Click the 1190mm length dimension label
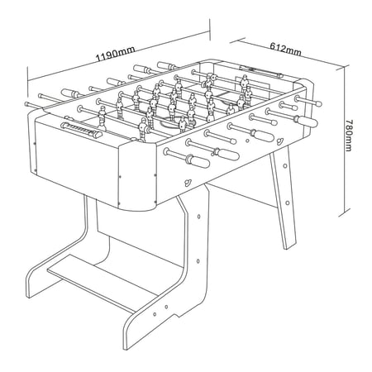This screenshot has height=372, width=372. point(116,54)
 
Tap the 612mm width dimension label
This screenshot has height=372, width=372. point(285,48)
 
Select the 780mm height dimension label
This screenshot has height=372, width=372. point(349,136)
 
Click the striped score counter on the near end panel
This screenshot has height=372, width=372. point(82,131)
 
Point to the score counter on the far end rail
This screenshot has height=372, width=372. point(261,70)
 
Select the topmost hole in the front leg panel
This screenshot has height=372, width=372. point(199,217)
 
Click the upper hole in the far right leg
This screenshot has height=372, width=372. point(285,166)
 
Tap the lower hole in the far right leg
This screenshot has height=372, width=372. point(288,203)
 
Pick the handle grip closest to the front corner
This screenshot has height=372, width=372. point(198,161)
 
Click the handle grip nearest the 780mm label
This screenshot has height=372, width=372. point(305,121)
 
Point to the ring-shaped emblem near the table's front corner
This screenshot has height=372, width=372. point(188,182)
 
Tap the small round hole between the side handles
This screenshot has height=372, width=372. point(247,141)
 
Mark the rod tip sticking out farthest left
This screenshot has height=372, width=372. point(26,104)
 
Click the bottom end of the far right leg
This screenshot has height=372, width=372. point(291,248)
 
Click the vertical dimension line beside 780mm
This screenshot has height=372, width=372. point(345,141)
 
